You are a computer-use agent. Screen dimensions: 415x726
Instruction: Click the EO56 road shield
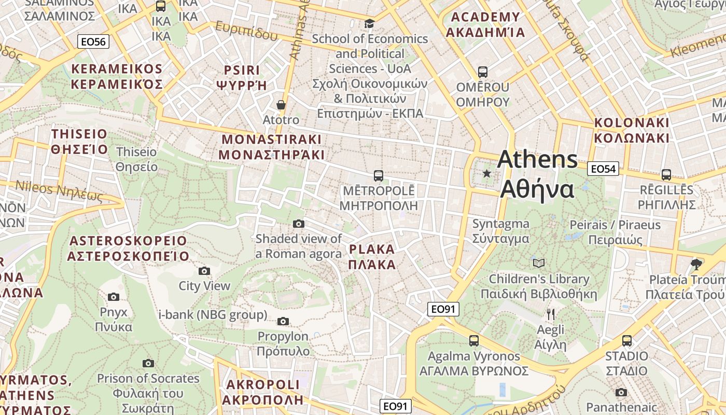coord(93,41)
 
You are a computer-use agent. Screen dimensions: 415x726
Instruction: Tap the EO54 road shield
coord(603,169)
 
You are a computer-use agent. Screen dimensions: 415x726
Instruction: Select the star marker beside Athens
coord(486,173)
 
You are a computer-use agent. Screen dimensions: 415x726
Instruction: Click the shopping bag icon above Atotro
coord(281,105)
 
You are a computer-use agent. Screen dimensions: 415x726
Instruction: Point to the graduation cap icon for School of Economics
coord(369,23)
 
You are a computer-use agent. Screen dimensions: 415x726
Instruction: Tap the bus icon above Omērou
coord(483,72)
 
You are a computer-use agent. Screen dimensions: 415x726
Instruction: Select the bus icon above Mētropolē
coord(379,176)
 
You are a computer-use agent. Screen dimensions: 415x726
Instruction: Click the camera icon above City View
coord(204,271)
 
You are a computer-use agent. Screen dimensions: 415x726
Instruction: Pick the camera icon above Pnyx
coord(114,297)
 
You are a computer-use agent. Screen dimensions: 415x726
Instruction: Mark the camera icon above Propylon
coord(283,321)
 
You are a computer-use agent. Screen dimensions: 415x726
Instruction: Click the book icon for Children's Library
coord(539,263)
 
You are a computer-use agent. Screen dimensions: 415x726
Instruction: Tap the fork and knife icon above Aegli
coord(551,314)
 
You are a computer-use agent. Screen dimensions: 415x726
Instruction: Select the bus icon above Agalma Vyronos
coord(474,341)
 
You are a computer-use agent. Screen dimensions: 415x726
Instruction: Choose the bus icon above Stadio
coord(627,341)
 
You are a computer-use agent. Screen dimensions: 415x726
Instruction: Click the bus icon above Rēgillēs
coord(666,175)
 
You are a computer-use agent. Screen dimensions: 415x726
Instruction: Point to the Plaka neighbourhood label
coord(372,257)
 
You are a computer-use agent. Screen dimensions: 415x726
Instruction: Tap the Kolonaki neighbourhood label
coord(632,130)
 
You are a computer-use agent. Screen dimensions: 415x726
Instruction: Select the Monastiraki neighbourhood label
coord(271,147)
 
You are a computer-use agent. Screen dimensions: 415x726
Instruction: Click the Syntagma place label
coord(500,231)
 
